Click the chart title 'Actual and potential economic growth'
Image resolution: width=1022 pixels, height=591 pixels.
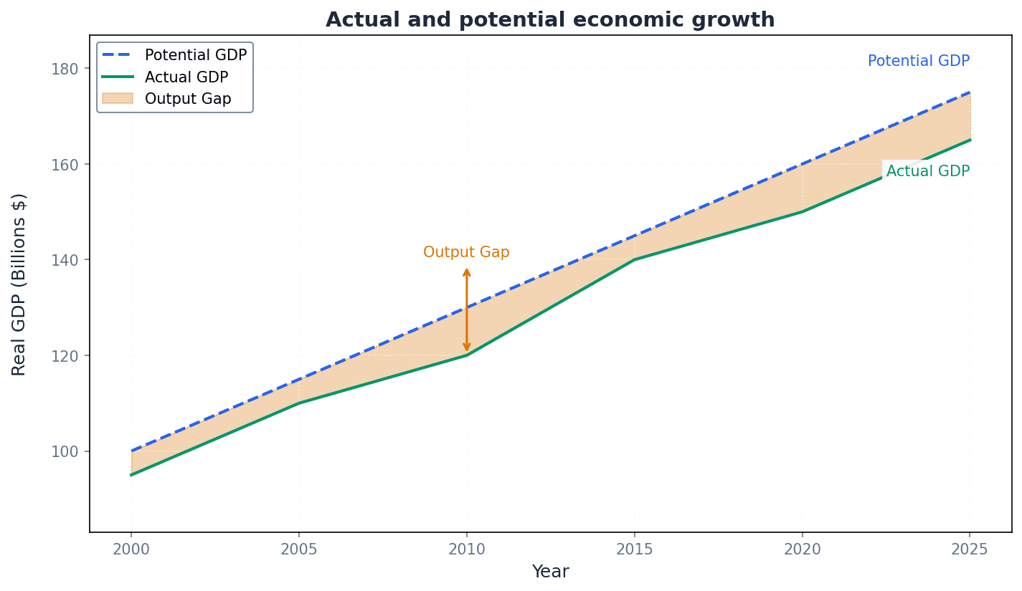(x=550, y=20)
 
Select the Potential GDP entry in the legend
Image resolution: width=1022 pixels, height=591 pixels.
(x=195, y=55)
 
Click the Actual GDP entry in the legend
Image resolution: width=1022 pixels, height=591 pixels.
(x=186, y=77)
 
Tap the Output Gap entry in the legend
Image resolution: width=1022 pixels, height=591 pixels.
(x=187, y=99)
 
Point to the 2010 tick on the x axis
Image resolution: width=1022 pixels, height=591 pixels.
(x=467, y=549)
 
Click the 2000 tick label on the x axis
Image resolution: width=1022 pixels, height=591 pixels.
(x=131, y=549)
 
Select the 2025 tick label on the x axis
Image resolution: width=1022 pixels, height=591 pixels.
(x=970, y=549)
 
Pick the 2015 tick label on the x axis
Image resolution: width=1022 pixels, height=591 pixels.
(x=635, y=549)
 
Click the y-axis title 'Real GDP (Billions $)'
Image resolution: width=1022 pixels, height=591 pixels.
(x=19, y=284)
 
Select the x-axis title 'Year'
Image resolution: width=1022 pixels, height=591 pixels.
(x=550, y=572)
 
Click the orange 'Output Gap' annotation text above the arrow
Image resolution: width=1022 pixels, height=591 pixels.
(x=466, y=252)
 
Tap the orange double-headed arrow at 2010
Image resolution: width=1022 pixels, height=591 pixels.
(x=467, y=310)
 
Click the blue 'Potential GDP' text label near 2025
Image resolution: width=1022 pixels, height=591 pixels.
(x=918, y=61)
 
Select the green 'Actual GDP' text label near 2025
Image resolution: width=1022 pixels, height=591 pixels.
(x=927, y=171)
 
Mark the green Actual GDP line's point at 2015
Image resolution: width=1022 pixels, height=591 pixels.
(x=635, y=259)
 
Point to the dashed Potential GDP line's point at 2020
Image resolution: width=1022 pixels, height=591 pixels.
(x=802, y=164)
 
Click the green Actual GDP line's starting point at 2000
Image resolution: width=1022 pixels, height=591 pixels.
(x=131, y=475)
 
